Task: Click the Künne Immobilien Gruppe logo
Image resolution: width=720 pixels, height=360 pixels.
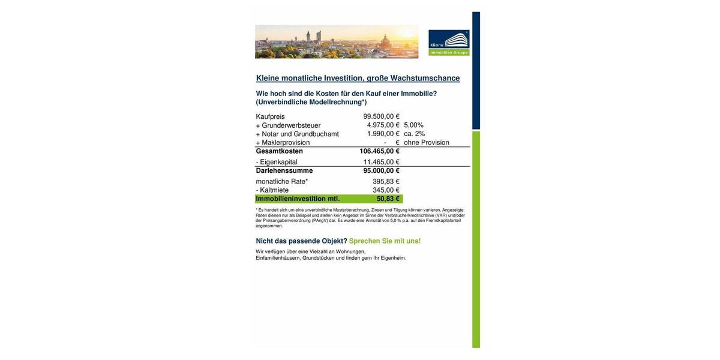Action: coord(449,43)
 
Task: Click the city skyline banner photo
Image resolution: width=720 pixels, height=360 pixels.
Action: coord(337,41)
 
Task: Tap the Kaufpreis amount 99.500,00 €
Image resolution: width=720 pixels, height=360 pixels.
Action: coord(381,116)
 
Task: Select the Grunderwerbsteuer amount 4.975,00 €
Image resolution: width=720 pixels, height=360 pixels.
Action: coord(383,125)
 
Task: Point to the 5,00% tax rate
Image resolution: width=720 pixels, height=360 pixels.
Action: coord(414,125)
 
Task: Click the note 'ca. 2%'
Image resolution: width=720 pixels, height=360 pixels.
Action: coord(415,134)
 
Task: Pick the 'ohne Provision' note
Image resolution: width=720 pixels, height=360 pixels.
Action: coord(427,143)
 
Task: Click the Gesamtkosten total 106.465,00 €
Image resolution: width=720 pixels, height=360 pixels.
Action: coord(379,151)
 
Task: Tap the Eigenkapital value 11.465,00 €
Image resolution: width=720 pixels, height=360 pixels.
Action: coord(381,162)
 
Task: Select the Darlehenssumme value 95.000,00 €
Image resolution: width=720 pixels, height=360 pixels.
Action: coord(381,170)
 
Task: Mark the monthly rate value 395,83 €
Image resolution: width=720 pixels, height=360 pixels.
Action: coord(386,181)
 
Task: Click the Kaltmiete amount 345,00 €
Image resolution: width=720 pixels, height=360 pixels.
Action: coord(386,190)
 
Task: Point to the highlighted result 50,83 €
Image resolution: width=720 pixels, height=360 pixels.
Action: coord(388,199)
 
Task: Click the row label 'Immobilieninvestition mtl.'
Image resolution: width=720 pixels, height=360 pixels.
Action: coord(298,199)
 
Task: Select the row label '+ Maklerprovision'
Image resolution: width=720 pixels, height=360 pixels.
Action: coord(283,143)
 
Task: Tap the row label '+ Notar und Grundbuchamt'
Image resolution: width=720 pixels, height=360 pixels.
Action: coord(297,134)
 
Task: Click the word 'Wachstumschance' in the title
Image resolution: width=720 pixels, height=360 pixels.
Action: coord(425,78)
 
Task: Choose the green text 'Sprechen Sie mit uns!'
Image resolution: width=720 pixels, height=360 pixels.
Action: coord(385,241)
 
